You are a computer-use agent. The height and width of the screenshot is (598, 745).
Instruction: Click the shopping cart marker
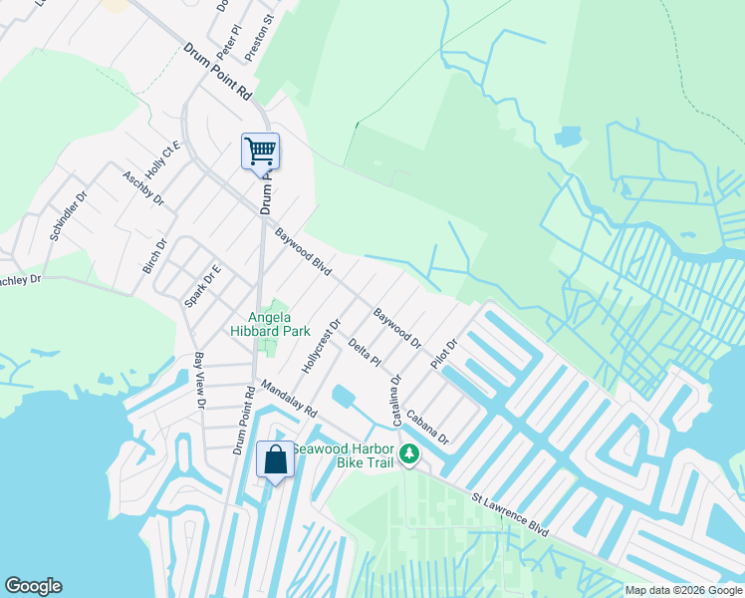(260, 152)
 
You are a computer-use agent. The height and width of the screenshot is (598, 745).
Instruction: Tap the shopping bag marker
(276, 460)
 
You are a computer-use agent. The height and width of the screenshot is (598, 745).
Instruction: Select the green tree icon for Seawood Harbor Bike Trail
(408, 455)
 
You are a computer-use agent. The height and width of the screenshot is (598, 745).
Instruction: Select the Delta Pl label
(365, 352)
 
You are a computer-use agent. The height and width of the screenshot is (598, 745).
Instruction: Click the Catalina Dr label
(396, 400)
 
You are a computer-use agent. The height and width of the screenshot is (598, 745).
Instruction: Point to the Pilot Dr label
(443, 355)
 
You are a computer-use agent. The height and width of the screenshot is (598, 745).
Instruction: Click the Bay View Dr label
(199, 381)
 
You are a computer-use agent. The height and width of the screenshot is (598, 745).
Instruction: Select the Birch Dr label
(153, 255)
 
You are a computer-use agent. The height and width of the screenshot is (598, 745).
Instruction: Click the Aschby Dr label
(142, 186)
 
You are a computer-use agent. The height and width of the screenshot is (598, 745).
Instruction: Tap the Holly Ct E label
(161, 156)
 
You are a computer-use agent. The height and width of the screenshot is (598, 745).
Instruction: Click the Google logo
(33, 586)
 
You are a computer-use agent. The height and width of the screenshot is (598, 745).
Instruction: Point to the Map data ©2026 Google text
(683, 590)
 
